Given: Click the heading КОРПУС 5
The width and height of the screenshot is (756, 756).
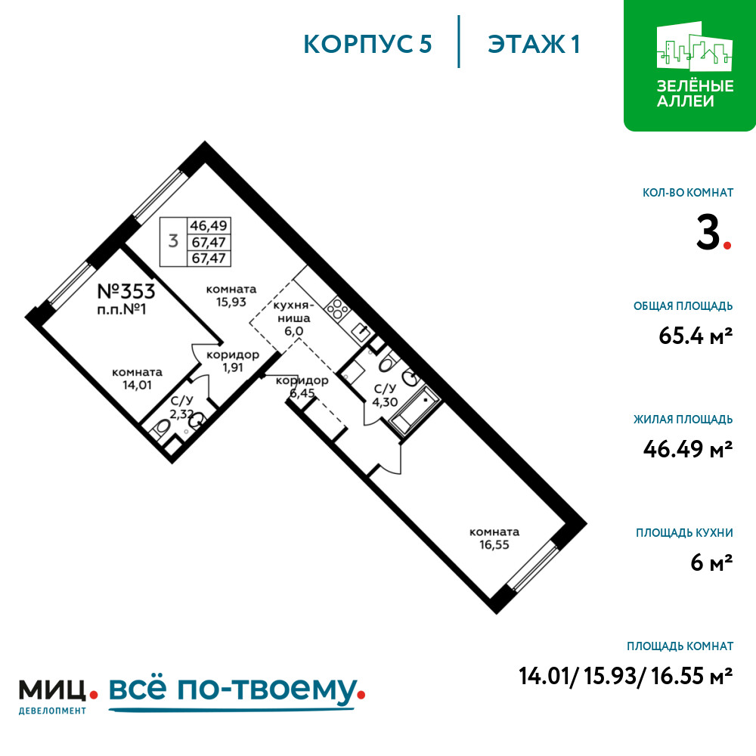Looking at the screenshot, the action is tap(367, 44).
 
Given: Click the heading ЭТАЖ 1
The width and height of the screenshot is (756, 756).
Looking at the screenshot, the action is tap(533, 44).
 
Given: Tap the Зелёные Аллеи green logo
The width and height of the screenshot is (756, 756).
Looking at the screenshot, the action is tap(690, 66).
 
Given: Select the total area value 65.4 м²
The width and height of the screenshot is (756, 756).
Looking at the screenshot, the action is tap(696, 336).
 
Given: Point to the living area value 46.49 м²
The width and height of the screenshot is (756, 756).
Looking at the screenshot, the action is tap(688, 449).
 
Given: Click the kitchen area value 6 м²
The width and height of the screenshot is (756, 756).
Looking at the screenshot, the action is tap(711, 562).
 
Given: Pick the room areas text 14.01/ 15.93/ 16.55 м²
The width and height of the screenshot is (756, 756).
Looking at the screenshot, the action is tap(626, 676).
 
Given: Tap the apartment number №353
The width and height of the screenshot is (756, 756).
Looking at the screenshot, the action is tap(126, 291).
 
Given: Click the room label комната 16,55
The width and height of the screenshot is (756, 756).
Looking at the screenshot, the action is tap(494, 538).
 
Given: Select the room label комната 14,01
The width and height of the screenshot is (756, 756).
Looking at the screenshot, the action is tap(137, 379).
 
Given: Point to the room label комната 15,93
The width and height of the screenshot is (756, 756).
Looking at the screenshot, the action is tap(231, 296).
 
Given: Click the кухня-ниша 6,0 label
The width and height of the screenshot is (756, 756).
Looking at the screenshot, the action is tap(293, 318).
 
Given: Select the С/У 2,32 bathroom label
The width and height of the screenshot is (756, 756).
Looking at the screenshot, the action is tap(181, 407).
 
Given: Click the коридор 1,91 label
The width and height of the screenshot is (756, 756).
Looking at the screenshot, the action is tap(233, 361).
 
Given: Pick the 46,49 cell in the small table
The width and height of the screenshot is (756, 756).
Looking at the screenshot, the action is tap(209, 225).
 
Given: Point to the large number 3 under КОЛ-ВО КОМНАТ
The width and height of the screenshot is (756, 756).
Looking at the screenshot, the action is tap(708, 232).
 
